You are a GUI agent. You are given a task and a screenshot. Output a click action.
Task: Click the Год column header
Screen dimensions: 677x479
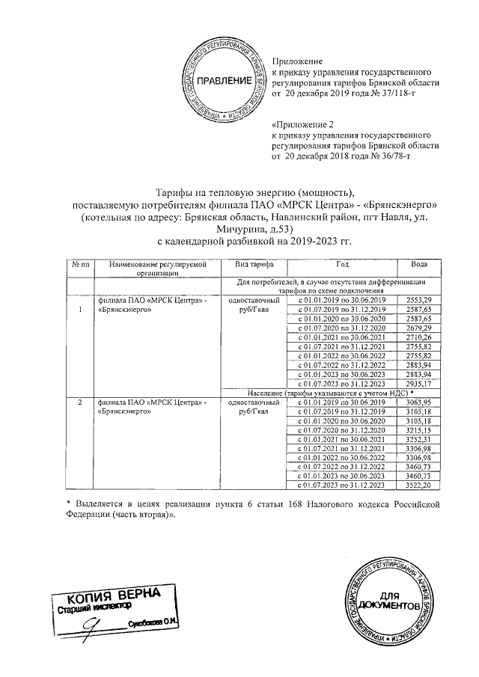[x=341, y=266]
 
